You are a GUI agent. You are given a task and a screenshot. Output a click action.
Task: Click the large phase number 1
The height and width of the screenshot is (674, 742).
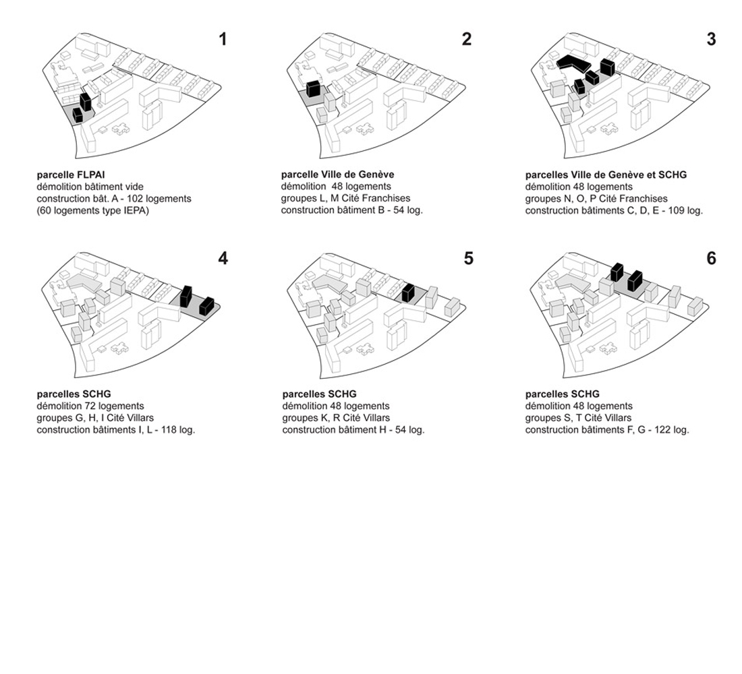pos(223,39)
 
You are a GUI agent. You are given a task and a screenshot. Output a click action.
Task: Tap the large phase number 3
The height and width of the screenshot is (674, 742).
pos(711,39)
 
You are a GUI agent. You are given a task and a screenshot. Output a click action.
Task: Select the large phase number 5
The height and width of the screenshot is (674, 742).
pos(468,258)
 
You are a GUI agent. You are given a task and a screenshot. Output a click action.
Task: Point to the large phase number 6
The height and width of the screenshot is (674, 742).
pos(711,258)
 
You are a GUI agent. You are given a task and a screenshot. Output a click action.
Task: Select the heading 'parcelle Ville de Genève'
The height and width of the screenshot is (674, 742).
pos(337,175)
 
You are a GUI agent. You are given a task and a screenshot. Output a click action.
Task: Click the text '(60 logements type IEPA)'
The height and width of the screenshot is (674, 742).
pos(93,211)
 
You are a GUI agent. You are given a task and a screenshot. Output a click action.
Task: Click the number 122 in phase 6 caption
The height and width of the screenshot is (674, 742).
pos(662,430)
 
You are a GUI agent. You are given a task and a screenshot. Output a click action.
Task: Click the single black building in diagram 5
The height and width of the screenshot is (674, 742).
pos(408,293)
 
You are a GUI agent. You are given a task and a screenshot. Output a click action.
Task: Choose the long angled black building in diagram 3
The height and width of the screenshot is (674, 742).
pos(573,63)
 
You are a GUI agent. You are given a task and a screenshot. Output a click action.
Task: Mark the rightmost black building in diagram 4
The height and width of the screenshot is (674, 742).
pos(206,305)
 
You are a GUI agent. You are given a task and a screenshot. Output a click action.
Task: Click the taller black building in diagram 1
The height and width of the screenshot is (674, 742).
pos(85,102)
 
